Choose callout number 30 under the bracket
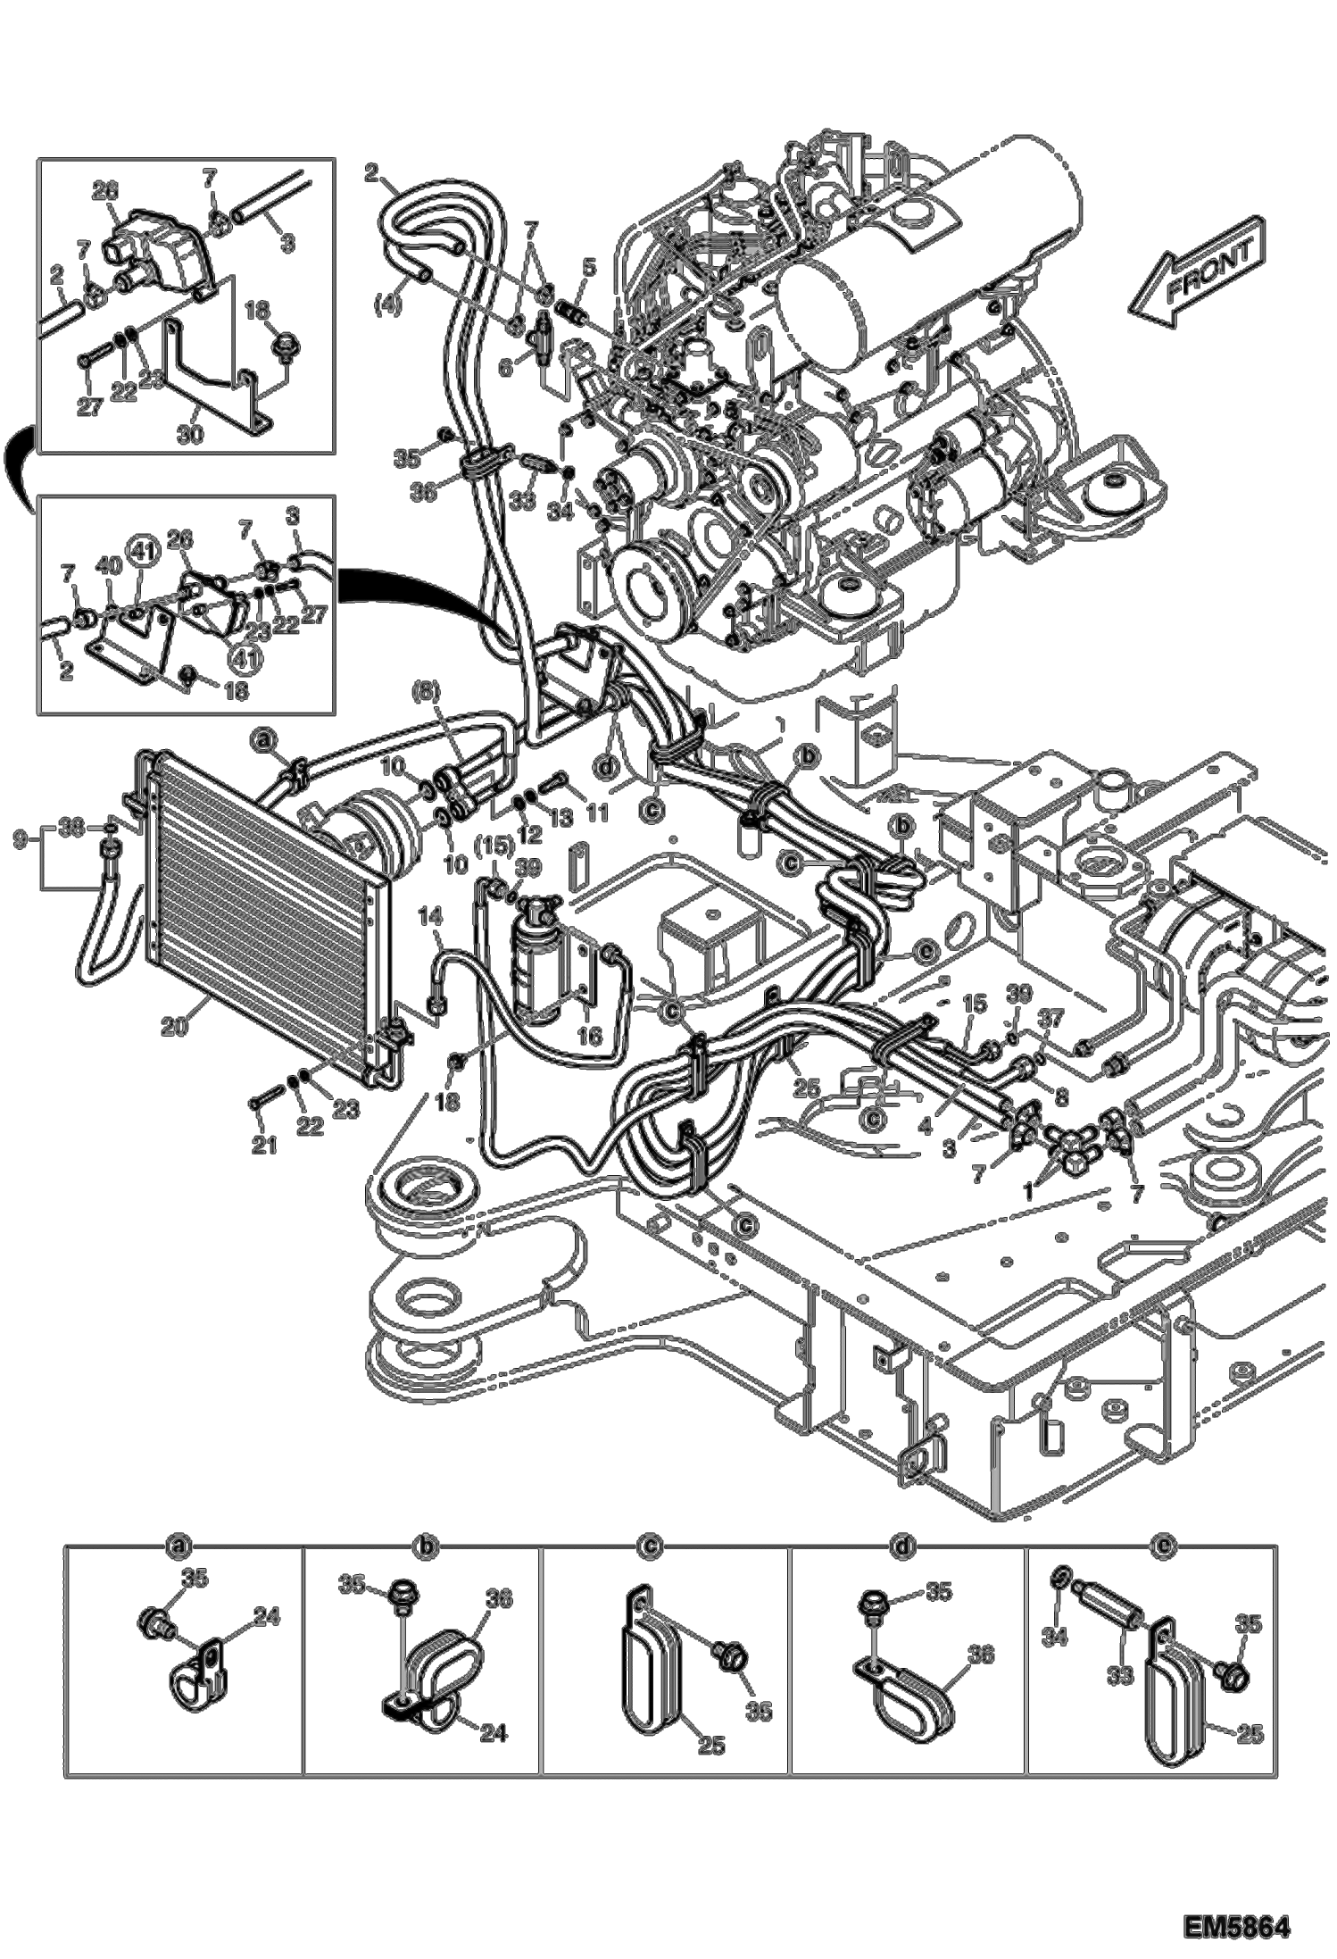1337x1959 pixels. coord(191,434)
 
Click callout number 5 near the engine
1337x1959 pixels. coord(589,267)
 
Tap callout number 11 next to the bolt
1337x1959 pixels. coord(596,812)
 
